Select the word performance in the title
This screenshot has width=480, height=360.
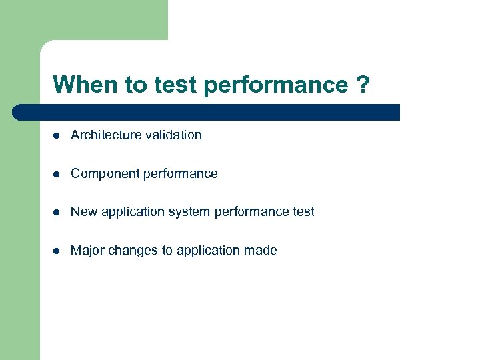276,85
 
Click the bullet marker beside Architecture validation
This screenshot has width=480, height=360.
57,135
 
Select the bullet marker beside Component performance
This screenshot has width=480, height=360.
57,174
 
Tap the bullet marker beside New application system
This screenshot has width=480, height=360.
57,212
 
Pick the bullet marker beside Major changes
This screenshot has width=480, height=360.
57,251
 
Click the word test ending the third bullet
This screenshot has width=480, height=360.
303,212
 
